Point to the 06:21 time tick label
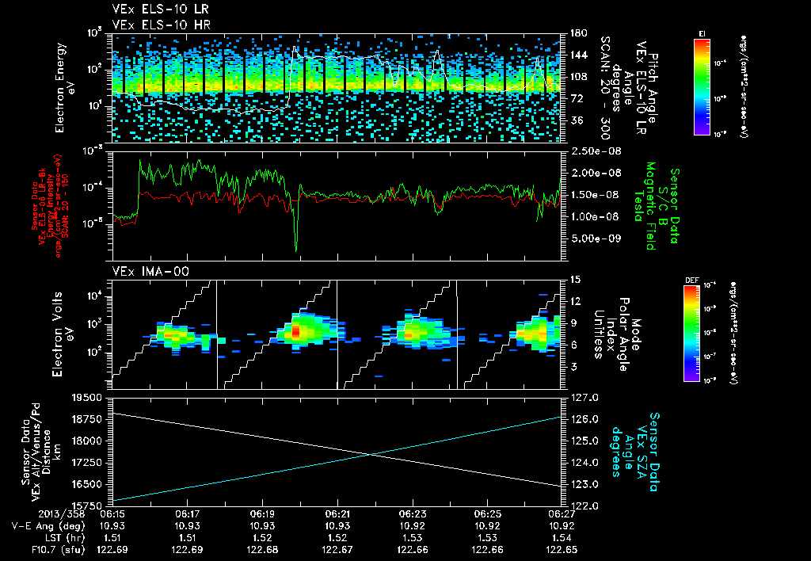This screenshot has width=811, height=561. pyautogui.click(x=337, y=513)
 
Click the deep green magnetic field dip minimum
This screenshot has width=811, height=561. pyautogui.click(x=296, y=250)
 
